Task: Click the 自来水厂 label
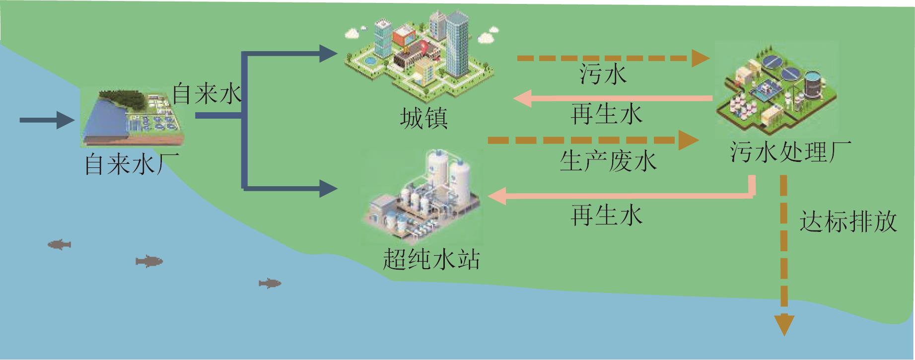click(x=132, y=164)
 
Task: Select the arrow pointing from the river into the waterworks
click(x=47, y=120)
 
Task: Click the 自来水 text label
click(x=207, y=93)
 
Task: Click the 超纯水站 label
click(x=431, y=259)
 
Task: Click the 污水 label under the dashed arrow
click(x=603, y=74)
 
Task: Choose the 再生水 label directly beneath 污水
click(x=606, y=114)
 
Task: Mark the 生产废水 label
click(x=608, y=161)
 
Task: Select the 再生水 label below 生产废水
click(x=606, y=215)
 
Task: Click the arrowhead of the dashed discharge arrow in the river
click(x=784, y=325)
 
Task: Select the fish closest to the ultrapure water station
click(x=270, y=283)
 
